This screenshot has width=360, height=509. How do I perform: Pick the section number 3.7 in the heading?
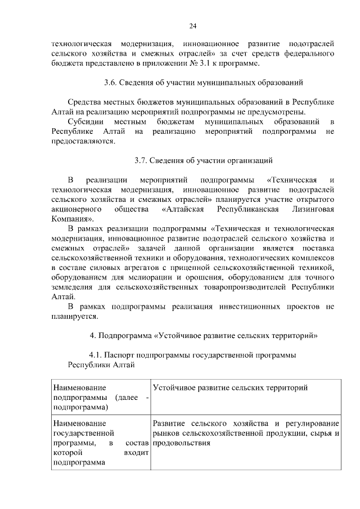click(x=141, y=160)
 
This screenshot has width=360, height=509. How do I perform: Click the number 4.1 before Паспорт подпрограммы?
click(x=96, y=355)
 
